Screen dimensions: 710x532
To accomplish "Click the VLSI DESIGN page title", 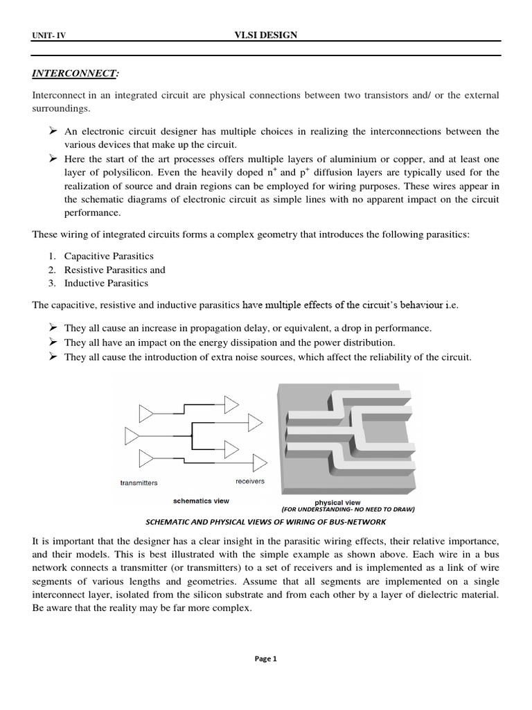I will tap(266, 35).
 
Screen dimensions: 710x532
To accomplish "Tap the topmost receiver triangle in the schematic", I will tap(231, 403).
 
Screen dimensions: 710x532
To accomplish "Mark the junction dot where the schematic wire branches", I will tap(191, 436).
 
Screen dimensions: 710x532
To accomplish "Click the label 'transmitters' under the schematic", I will tap(139, 483).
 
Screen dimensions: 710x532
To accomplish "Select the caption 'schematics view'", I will tap(201, 499).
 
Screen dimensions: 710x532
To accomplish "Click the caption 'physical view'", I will tap(337, 502).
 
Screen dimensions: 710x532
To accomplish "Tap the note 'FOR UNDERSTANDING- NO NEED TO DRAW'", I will tap(348, 509).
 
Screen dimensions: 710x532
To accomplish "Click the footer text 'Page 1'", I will tap(266, 659).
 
